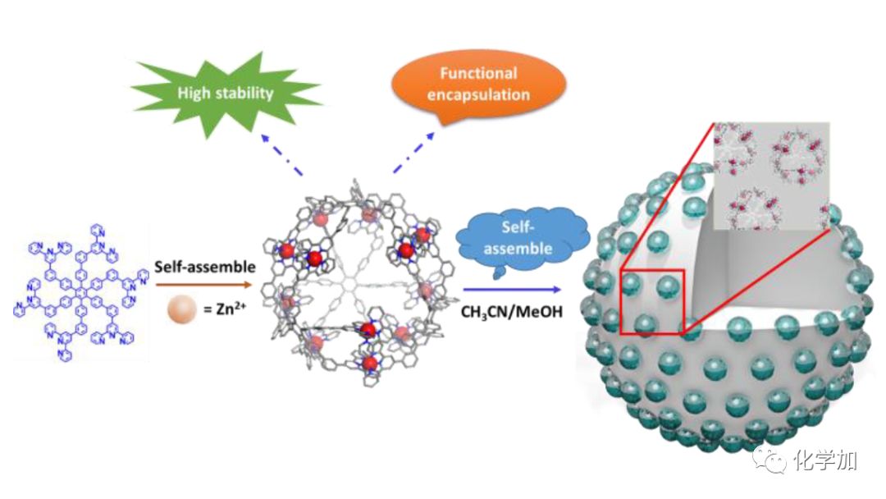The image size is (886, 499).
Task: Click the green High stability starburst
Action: coord(226,92)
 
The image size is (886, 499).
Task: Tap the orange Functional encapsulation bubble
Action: coord(477,84)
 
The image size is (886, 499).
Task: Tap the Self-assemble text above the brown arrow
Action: coord(205,267)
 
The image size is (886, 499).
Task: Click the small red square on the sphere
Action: coord(652,301)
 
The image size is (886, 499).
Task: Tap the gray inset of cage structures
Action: coord(772,176)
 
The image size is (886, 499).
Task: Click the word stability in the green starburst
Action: coord(244,92)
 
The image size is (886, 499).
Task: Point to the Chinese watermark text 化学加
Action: coord(825,461)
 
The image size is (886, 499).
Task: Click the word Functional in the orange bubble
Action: coord(478,73)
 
